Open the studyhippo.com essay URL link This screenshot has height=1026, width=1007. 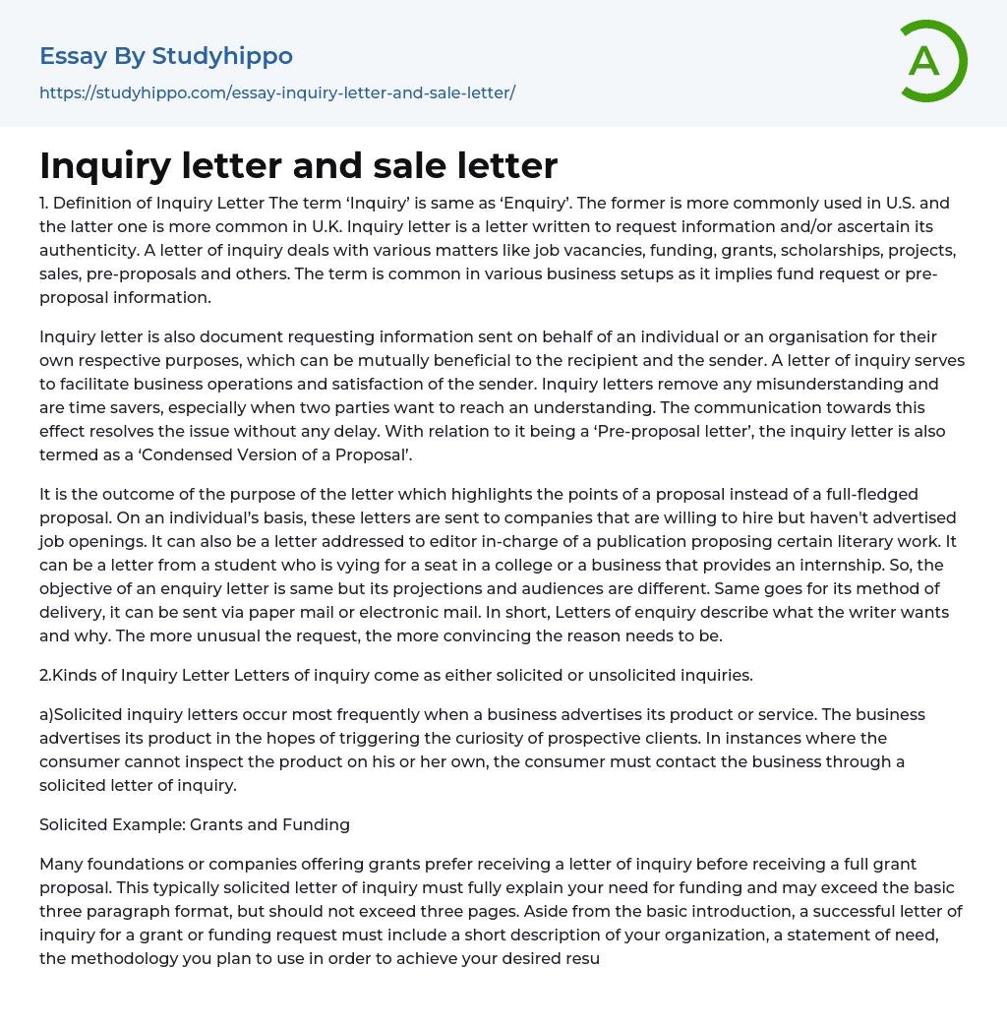[277, 93]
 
